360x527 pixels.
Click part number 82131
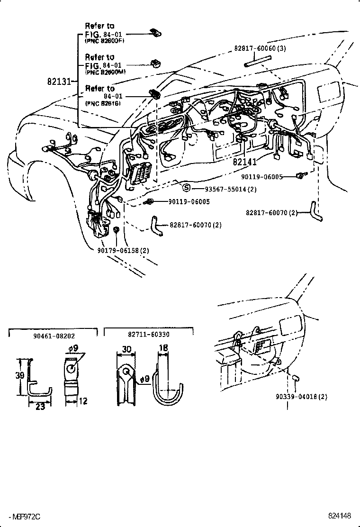59,81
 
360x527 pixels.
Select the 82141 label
244,162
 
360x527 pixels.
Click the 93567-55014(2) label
231,189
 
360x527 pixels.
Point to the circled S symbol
187,188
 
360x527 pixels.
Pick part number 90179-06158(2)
120,250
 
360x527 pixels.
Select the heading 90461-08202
54,335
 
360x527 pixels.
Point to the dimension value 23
40,406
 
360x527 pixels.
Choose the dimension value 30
126,349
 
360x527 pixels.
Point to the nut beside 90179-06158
116,230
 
